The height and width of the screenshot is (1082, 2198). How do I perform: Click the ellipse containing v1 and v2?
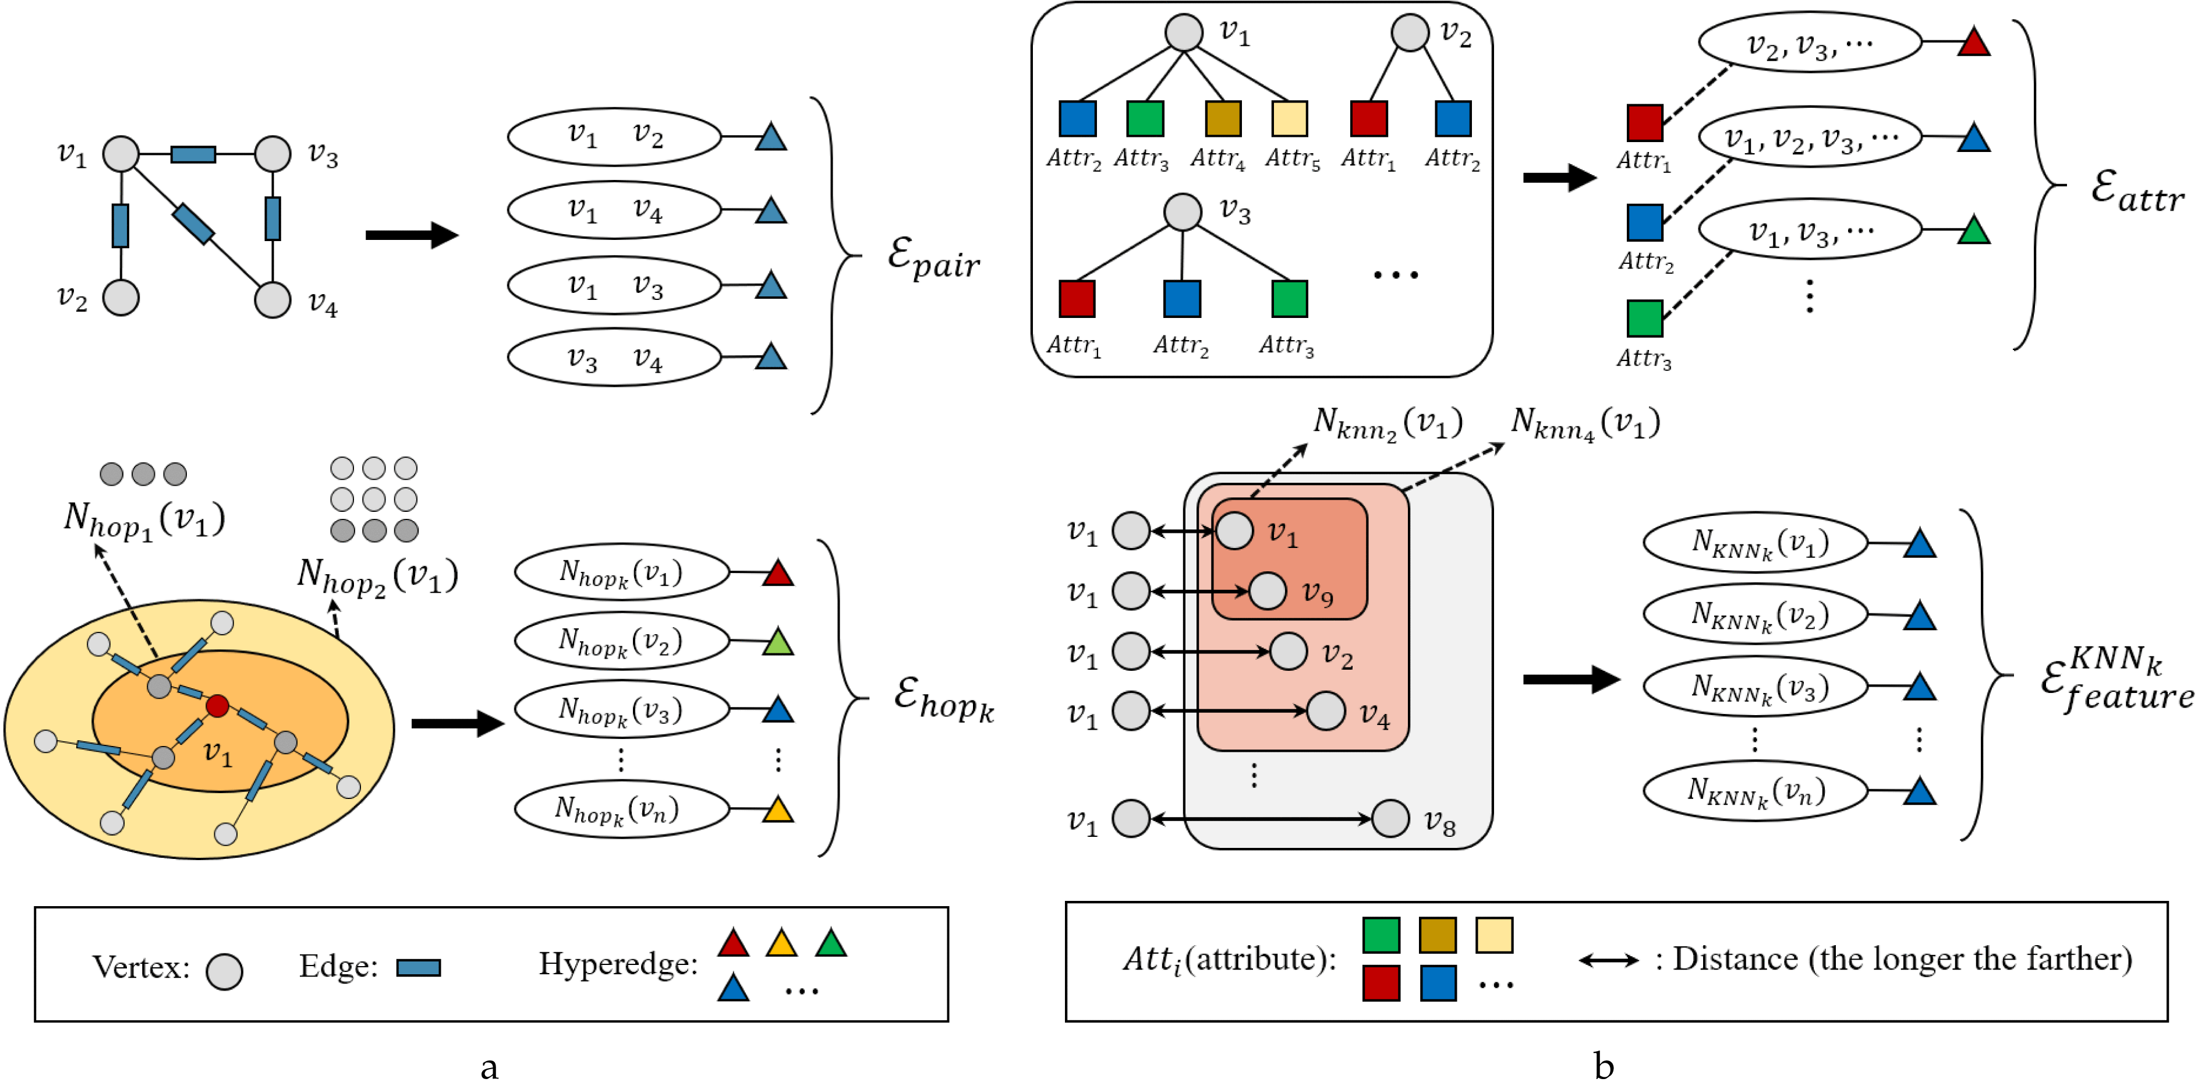614,136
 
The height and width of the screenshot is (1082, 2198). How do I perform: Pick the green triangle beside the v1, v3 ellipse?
1974,231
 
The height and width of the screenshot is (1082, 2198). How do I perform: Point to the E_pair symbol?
933,257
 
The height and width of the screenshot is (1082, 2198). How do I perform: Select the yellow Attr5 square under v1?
1289,119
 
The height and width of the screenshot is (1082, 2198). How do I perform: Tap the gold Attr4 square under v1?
1223,119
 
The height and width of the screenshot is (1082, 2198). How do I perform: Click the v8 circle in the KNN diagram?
1390,818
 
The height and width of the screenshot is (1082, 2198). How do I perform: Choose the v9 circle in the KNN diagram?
1267,590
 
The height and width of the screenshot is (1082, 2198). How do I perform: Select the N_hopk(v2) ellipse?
621,641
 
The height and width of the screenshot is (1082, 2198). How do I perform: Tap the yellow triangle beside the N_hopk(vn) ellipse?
777,809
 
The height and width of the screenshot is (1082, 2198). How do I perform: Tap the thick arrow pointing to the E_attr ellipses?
1559,178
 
